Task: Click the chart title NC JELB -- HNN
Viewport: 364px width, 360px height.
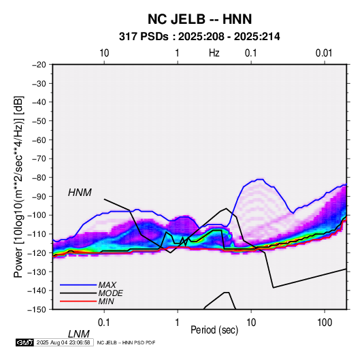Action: click(x=199, y=19)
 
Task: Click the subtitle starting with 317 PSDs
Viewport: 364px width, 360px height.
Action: click(x=199, y=37)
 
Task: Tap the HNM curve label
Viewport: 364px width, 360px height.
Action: click(x=80, y=193)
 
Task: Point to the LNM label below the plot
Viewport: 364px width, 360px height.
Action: click(x=79, y=334)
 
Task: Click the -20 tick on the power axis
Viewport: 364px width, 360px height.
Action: click(x=39, y=65)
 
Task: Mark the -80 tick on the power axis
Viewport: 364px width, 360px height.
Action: click(x=39, y=178)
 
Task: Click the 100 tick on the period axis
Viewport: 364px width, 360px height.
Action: click(x=325, y=323)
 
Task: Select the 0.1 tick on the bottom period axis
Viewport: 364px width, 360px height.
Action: click(x=104, y=323)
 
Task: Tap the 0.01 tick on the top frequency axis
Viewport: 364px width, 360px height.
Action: click(x=324, y=53)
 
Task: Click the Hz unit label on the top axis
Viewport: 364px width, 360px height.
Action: click(x=214, y=53)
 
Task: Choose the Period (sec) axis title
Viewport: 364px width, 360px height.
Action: click(x=214, y=330)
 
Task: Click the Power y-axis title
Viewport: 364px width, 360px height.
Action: click(x=18, y=186)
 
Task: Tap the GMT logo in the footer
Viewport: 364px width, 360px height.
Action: click(x=24, y=342)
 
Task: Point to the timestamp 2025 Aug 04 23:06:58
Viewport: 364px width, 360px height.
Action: click(x=63, y=342)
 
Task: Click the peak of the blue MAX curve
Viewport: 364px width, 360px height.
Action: click(x=260, y=179)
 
